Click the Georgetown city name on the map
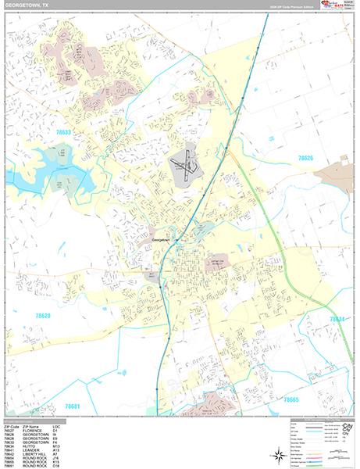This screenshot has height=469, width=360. [162, 240]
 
